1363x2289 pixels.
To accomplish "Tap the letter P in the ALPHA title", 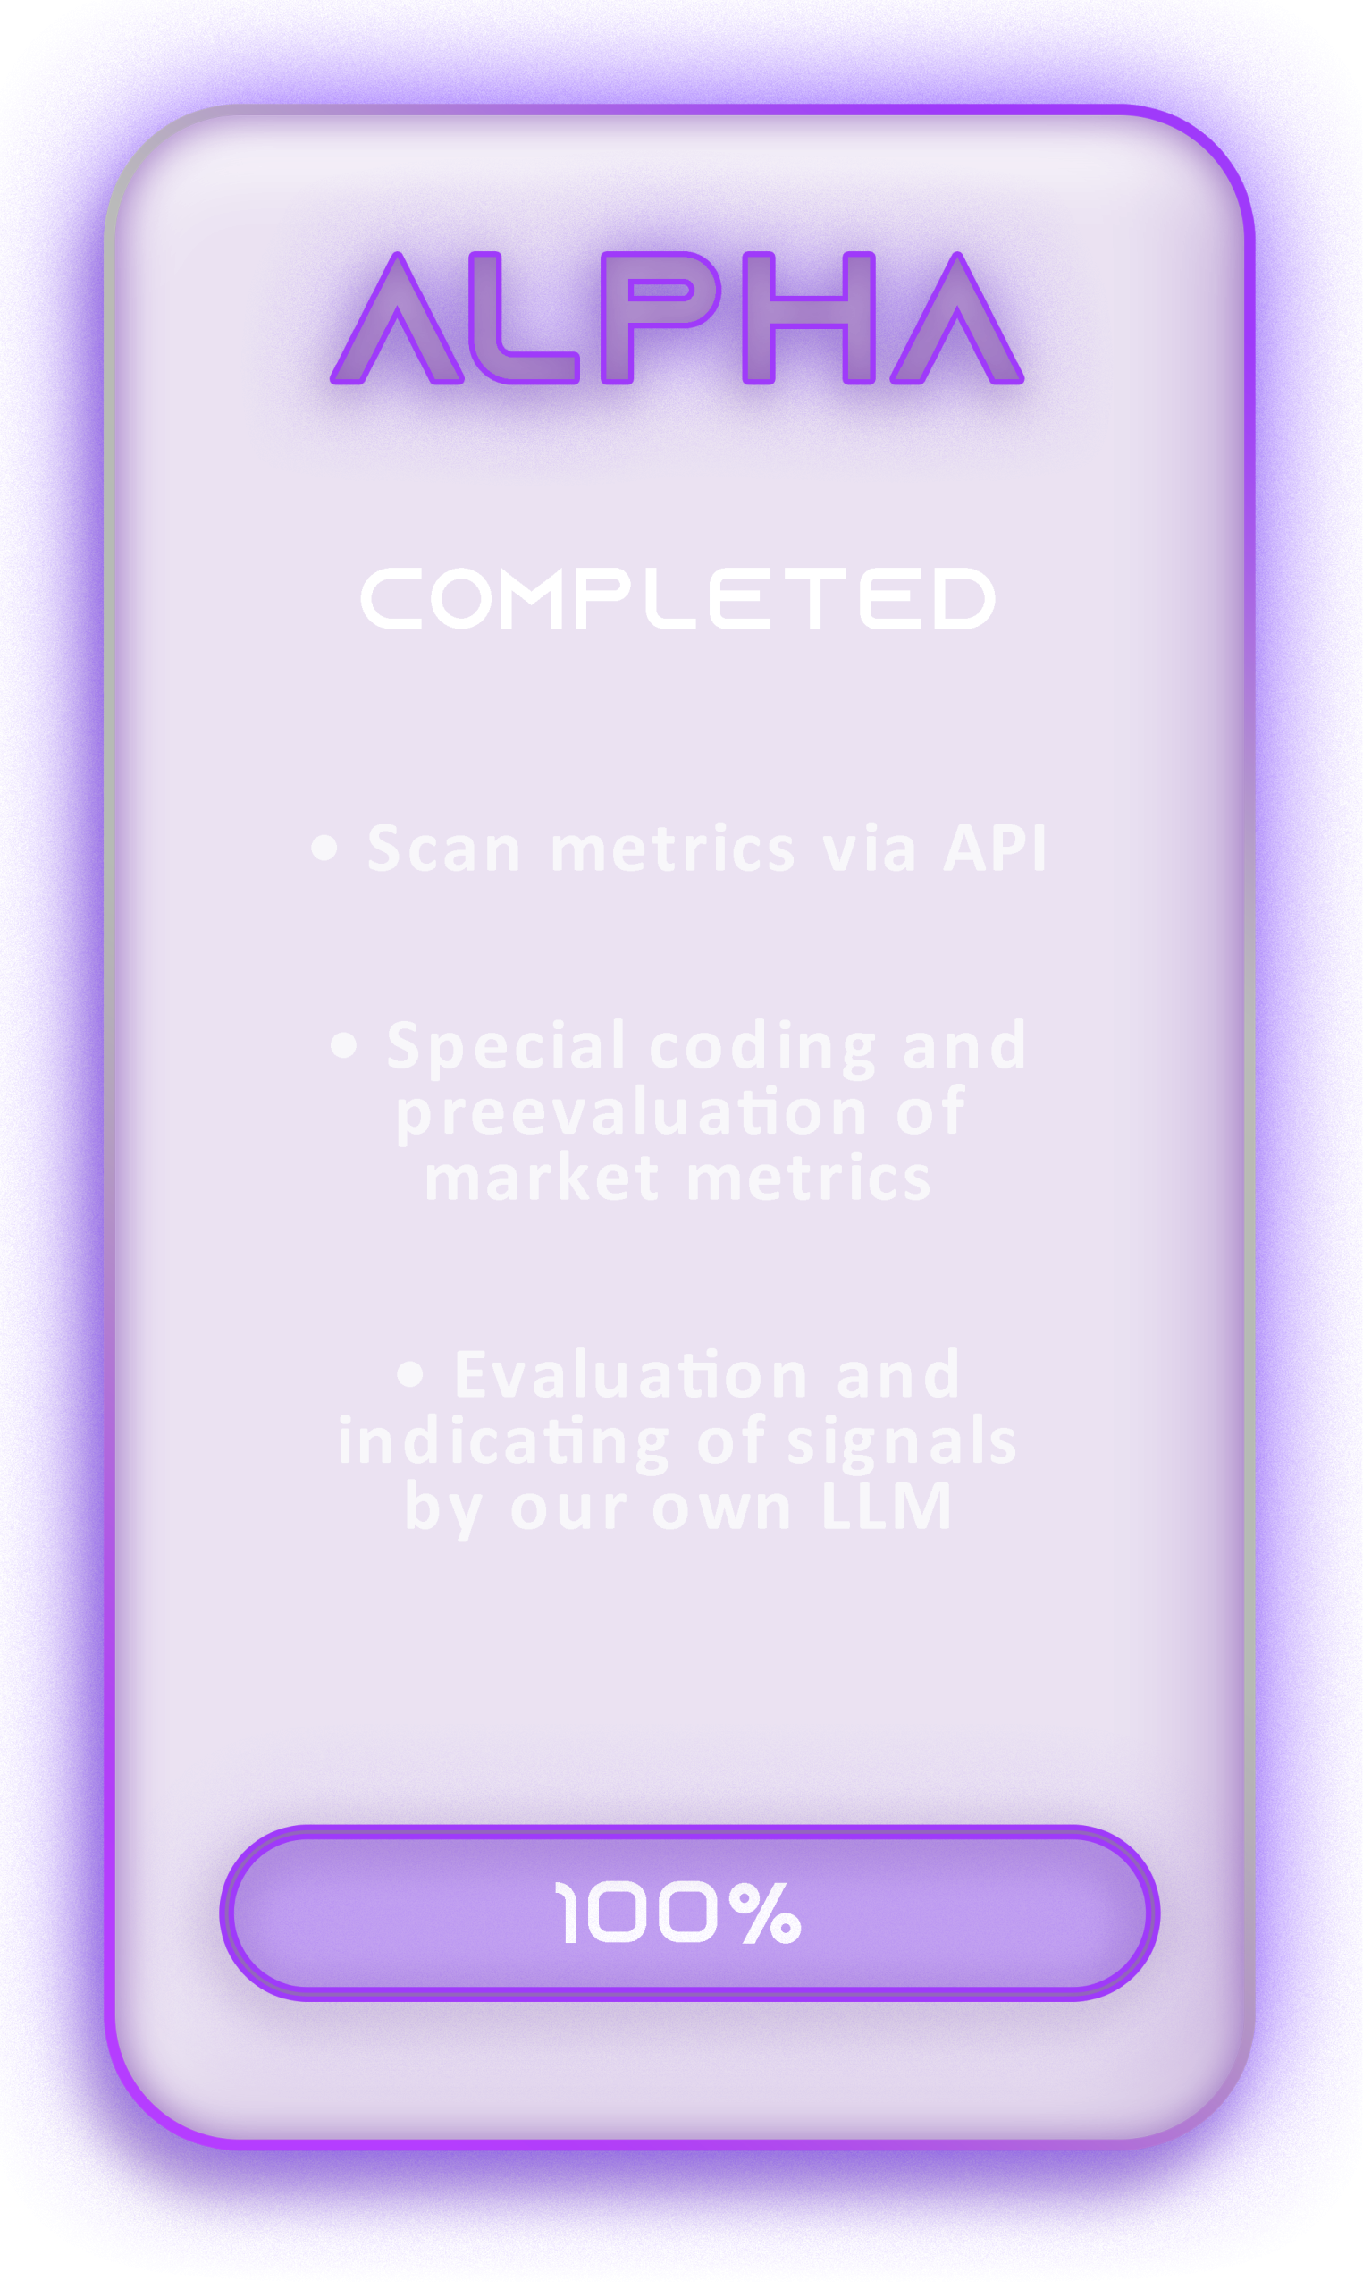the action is (x=617, y=317).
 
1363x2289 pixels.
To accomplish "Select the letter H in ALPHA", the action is (x=808, y=317).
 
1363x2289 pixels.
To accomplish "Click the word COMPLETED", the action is (x=677, y=598).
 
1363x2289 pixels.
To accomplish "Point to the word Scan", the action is (x=444, y=848).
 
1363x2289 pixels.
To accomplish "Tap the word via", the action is (x=869, y=848).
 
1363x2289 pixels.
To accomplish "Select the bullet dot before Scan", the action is (x=324, y=848).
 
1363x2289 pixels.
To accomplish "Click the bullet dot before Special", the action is (x=343, y=1045).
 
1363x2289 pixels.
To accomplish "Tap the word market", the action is (x=542, y=1178).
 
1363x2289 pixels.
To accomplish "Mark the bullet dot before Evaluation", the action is (x=410, y=1374).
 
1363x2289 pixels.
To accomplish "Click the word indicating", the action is (x=504, y=1443).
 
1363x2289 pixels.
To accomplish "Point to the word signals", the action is (x=902, y=1443).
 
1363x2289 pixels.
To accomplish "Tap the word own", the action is (x=722, y=1511).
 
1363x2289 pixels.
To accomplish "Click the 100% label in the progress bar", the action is (x=677, y=1913).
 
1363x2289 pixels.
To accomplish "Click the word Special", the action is (x=506, y=1048).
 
